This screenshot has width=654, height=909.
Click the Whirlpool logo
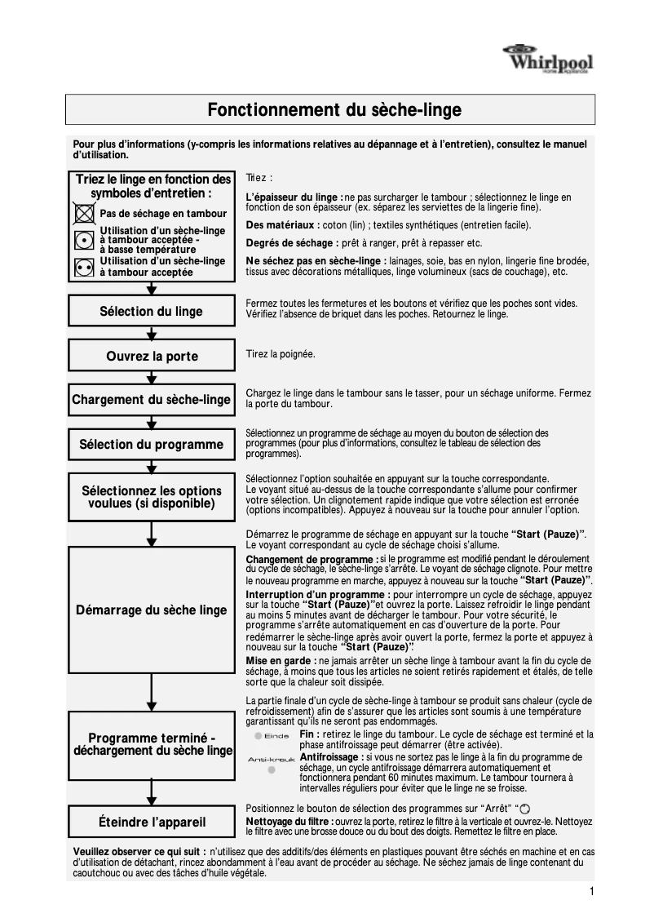click(547, 60)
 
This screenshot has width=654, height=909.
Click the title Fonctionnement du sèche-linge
click(334, 110)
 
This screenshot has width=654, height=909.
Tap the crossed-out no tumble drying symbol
click(83, 214)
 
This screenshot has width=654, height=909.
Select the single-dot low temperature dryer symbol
click(83, 241)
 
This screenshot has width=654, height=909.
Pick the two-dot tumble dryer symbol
click(83, 267)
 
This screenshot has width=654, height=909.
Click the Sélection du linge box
click(151, 311)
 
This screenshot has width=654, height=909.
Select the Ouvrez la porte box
click(151, 356)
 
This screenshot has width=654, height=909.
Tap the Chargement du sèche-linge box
click(151, 400)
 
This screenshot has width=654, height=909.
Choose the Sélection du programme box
click(151, 445)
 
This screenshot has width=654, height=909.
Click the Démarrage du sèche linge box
click(151, 610)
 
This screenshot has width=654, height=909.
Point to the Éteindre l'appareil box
click(151, 822)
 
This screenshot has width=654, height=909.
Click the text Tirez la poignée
click(280, 354)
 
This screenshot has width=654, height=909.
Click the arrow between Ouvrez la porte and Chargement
click(151, 378)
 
